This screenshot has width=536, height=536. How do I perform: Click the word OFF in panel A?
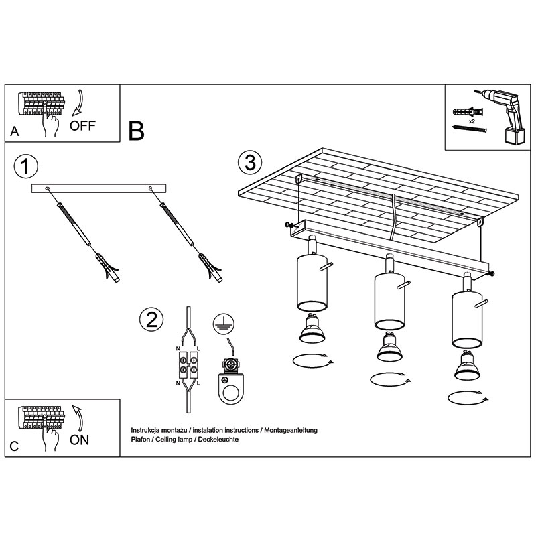coord(82,126)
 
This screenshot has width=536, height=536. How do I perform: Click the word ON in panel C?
coord(79,440)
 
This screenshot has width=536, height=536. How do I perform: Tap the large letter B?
coord(137,131)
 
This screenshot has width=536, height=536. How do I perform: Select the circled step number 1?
coord(25,166)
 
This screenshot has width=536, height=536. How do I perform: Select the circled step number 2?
coord(151,320)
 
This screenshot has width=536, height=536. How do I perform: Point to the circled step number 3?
coord(250,162)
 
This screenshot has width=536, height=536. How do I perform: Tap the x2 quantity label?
coord(472,121)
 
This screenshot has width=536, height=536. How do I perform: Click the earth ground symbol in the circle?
coord(224,324)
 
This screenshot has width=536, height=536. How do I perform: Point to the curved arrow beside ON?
coord(78,418)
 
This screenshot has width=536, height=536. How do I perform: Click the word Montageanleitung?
coord(291,430)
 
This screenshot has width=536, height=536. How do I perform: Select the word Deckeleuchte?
coord(218,440)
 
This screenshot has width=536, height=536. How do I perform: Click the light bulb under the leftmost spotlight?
coord(312,328)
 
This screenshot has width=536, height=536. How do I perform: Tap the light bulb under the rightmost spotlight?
coord(467,365)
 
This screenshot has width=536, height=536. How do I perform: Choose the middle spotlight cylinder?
coord(390,301)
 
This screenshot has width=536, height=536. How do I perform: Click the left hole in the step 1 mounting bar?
coord(47,188)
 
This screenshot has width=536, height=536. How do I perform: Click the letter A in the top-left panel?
coord(14,131)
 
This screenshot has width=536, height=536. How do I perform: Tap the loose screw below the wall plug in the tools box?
coord(470,129)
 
